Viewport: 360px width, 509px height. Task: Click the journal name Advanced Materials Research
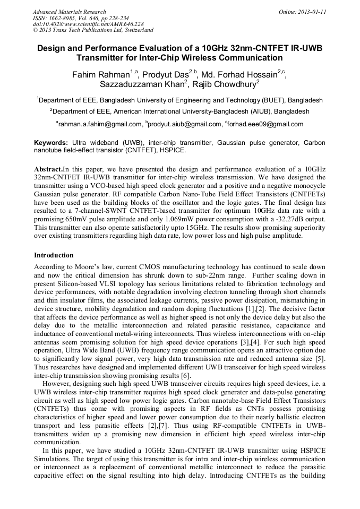pos(70,12)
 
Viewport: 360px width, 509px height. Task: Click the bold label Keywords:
pos(51,143)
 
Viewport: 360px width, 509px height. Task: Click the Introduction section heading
pos(54,255)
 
